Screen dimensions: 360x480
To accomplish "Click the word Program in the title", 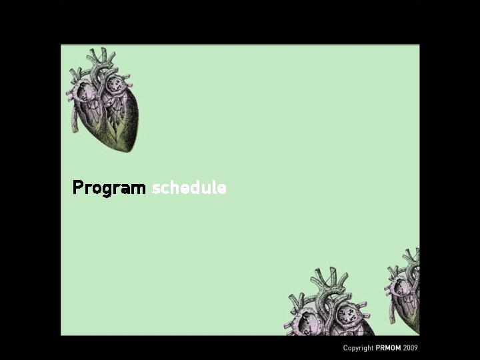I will tap(109, 188).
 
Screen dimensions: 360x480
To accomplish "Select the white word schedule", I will tap(189, 188).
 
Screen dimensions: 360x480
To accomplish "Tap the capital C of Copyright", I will tap(345, 348).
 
